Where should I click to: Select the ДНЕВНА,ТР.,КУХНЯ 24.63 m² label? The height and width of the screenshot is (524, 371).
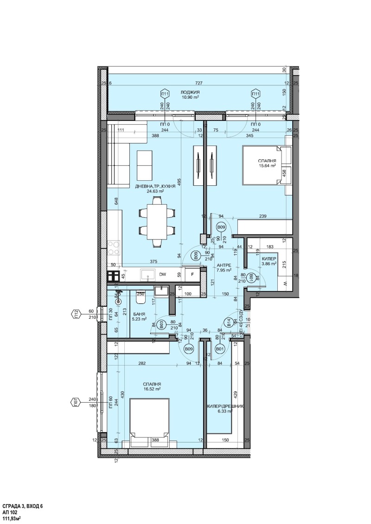155,188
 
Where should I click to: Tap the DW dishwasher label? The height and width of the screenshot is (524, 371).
163,275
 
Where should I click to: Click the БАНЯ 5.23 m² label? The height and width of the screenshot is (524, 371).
139,316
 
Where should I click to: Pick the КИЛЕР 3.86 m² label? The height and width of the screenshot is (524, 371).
269,261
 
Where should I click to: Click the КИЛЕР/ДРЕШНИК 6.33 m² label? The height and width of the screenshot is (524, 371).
224,409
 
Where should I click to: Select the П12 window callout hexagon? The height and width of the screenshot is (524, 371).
76,315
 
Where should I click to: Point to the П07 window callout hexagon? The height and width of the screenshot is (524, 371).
76,402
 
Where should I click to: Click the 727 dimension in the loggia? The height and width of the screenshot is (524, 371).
198,83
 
